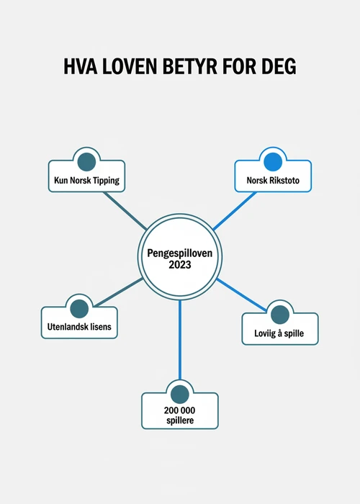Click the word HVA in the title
[81, 66]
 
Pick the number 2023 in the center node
[180, 264]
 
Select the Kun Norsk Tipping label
[87, 180]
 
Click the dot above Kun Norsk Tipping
[87, 162]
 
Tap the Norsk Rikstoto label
[273, 180]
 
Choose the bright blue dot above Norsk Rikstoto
[273, 162]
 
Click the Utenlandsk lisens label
[79, 327]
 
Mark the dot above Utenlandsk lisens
[79, 309]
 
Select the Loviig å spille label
[279, 333]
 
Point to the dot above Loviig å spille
[280, 315]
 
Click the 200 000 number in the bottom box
[180, 410]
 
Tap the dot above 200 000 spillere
[180, 395]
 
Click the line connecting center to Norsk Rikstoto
[235, 211]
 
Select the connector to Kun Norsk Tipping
[125, 211]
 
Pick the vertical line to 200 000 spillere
[180, 340]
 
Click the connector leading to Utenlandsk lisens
[119, 292]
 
